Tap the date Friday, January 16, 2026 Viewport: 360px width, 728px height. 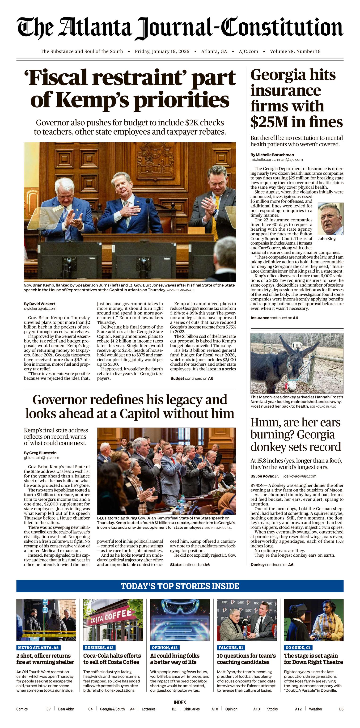click(x=162, y=51)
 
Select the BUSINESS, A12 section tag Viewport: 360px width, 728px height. click(x=99, y=648)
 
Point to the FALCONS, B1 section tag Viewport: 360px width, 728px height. click(x=231, y=648)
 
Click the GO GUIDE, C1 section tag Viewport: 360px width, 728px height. click(x=298, y=648)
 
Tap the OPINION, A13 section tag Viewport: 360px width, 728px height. click(x=165, y=648)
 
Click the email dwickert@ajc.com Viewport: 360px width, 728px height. click(x=40, y=309)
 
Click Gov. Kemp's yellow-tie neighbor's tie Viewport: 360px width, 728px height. click(x=216, y=215)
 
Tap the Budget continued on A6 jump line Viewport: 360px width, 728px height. click(x=192, y=378)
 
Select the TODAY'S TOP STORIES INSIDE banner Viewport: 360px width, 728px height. click(x=180, y=586)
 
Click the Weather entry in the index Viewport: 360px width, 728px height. click(x=315, y=709)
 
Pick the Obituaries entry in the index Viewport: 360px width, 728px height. click(x=192, y=709)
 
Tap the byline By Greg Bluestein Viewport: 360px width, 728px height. click(x=40, y=453)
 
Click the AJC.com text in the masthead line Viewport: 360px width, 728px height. click(x=248, y=51)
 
